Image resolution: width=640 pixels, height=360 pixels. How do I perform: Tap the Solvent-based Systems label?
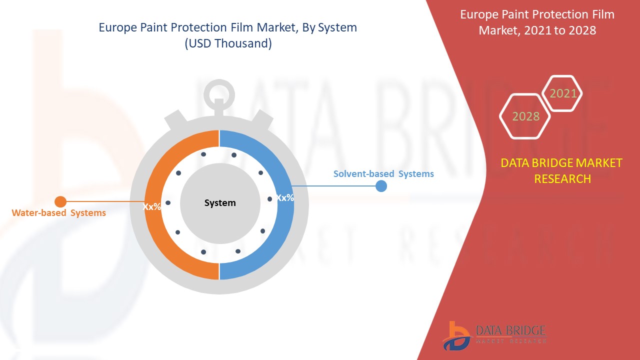[x=383, y=173]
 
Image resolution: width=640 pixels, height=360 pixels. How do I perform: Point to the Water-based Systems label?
[x=58, y=213]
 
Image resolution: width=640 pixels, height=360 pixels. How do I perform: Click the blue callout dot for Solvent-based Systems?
[x=381, y=186]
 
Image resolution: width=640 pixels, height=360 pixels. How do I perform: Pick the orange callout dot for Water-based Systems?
[x=60, y=201]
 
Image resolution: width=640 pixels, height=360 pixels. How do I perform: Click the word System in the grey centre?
[x=220, y=203]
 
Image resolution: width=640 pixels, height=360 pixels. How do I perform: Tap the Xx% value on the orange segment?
[x=151, y=206]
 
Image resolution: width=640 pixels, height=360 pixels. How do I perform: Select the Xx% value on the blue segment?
[x=285, y=197]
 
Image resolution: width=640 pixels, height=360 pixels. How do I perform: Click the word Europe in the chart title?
[x=117, y=27]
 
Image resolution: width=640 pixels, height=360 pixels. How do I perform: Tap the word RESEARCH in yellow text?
[x=562, y=179]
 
